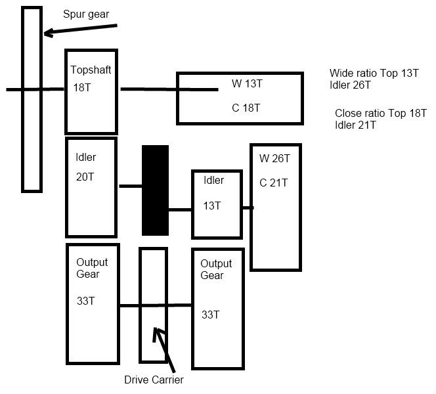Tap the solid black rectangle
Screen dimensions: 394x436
pyautogui.click(x=155, y=190)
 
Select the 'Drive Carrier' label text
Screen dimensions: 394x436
pyautogui.click(x=154, y=380)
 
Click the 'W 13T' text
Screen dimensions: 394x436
pyautogui.click(x=246, y=83)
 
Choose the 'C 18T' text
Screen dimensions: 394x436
pyautogui.click(x=246, y=108)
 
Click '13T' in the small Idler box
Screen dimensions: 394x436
pyautogui.click(x=212, y=206)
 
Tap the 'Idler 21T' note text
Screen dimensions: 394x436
pyautogui.click(x=355, y=125)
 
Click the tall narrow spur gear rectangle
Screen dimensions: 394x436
pyautogui.click(x=32, y=98)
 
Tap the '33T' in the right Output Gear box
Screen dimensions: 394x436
pyautogui.click(x=210, y=315)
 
